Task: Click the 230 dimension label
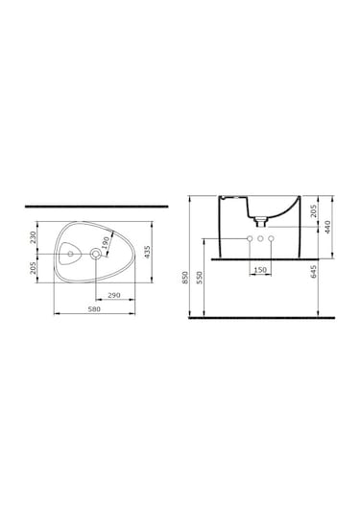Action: [33, 236]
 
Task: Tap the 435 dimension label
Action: [148, 252]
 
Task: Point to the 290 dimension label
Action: [114, 295]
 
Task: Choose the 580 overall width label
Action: [94, 308]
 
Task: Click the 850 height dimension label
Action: [185, 278]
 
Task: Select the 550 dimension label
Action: [200, 278]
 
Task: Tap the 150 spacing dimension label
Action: [260, 270]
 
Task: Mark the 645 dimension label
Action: [314, 272]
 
